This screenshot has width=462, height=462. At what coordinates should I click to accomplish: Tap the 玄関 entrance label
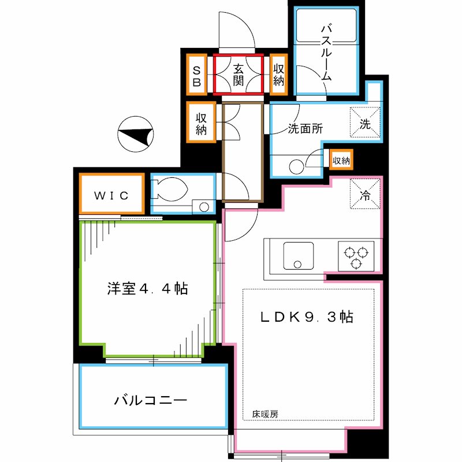click(x=239, y=74)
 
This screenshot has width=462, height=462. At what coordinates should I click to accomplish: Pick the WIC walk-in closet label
click(x=111, y=194)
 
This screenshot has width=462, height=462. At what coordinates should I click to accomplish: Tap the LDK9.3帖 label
click(x=306, y=316)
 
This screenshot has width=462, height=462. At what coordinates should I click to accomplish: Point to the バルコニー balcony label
click(x=150, y=400)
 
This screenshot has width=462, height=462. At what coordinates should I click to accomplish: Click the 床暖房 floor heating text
click(x=265, y=414)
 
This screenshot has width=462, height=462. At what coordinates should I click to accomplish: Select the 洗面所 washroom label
click(x=305, y=130)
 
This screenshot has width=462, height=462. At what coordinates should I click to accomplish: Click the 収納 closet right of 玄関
click(x=279, y=74)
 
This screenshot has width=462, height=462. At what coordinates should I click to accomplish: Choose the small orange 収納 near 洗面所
click(x=341, y=160)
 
